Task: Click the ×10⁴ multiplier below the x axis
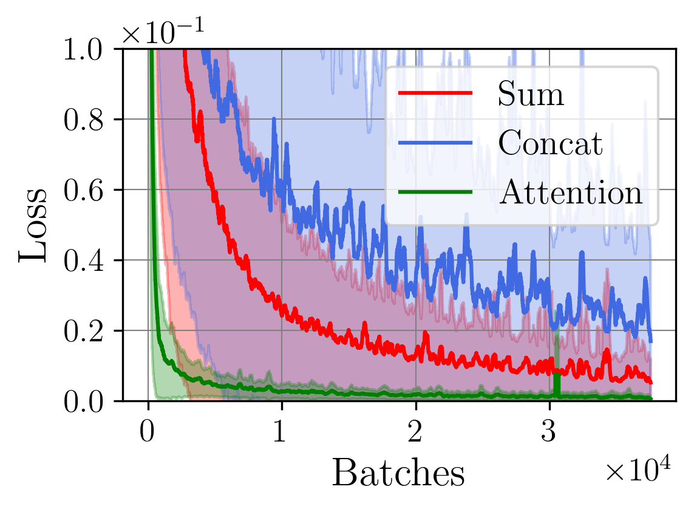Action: pos(637,471)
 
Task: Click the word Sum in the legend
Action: pos(531,94)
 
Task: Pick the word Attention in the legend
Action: pos(570,193)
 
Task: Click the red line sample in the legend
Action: pos(435,93)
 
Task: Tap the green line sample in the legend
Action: pos(435,192)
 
